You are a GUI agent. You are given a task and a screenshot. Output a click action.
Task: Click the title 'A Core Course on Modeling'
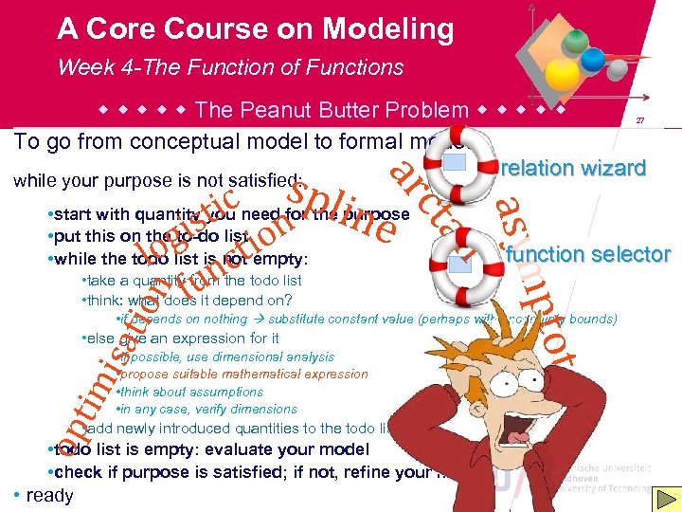coord(255,29)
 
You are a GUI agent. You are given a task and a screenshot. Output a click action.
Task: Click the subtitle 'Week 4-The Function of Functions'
coord(230,67)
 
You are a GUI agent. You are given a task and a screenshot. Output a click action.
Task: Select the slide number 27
coord(640,120)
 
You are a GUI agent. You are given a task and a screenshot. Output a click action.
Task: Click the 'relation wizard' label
coord(573,169)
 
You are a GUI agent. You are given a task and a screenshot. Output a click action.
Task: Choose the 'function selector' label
coord(588,254)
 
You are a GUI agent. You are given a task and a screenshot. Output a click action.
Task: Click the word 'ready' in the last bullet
coord(49,496)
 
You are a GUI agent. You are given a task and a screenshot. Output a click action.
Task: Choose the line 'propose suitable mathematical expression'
coord(244,375)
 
